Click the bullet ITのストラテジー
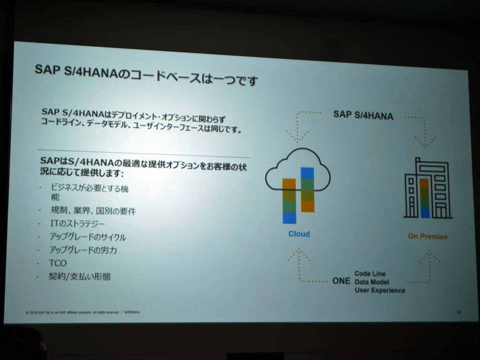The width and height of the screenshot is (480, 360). [80, 224]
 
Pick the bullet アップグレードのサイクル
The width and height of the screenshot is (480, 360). [88, 237]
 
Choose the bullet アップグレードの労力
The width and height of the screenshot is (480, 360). [83, 250]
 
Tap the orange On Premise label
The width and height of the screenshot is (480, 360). [427, 236]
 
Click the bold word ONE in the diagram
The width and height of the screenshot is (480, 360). [340, 280]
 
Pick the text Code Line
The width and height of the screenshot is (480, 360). [372, 273]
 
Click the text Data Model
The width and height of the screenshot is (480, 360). [372, 281]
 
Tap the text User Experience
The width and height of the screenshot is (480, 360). [379, 290]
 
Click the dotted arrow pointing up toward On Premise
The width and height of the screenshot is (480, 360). [427, 264]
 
